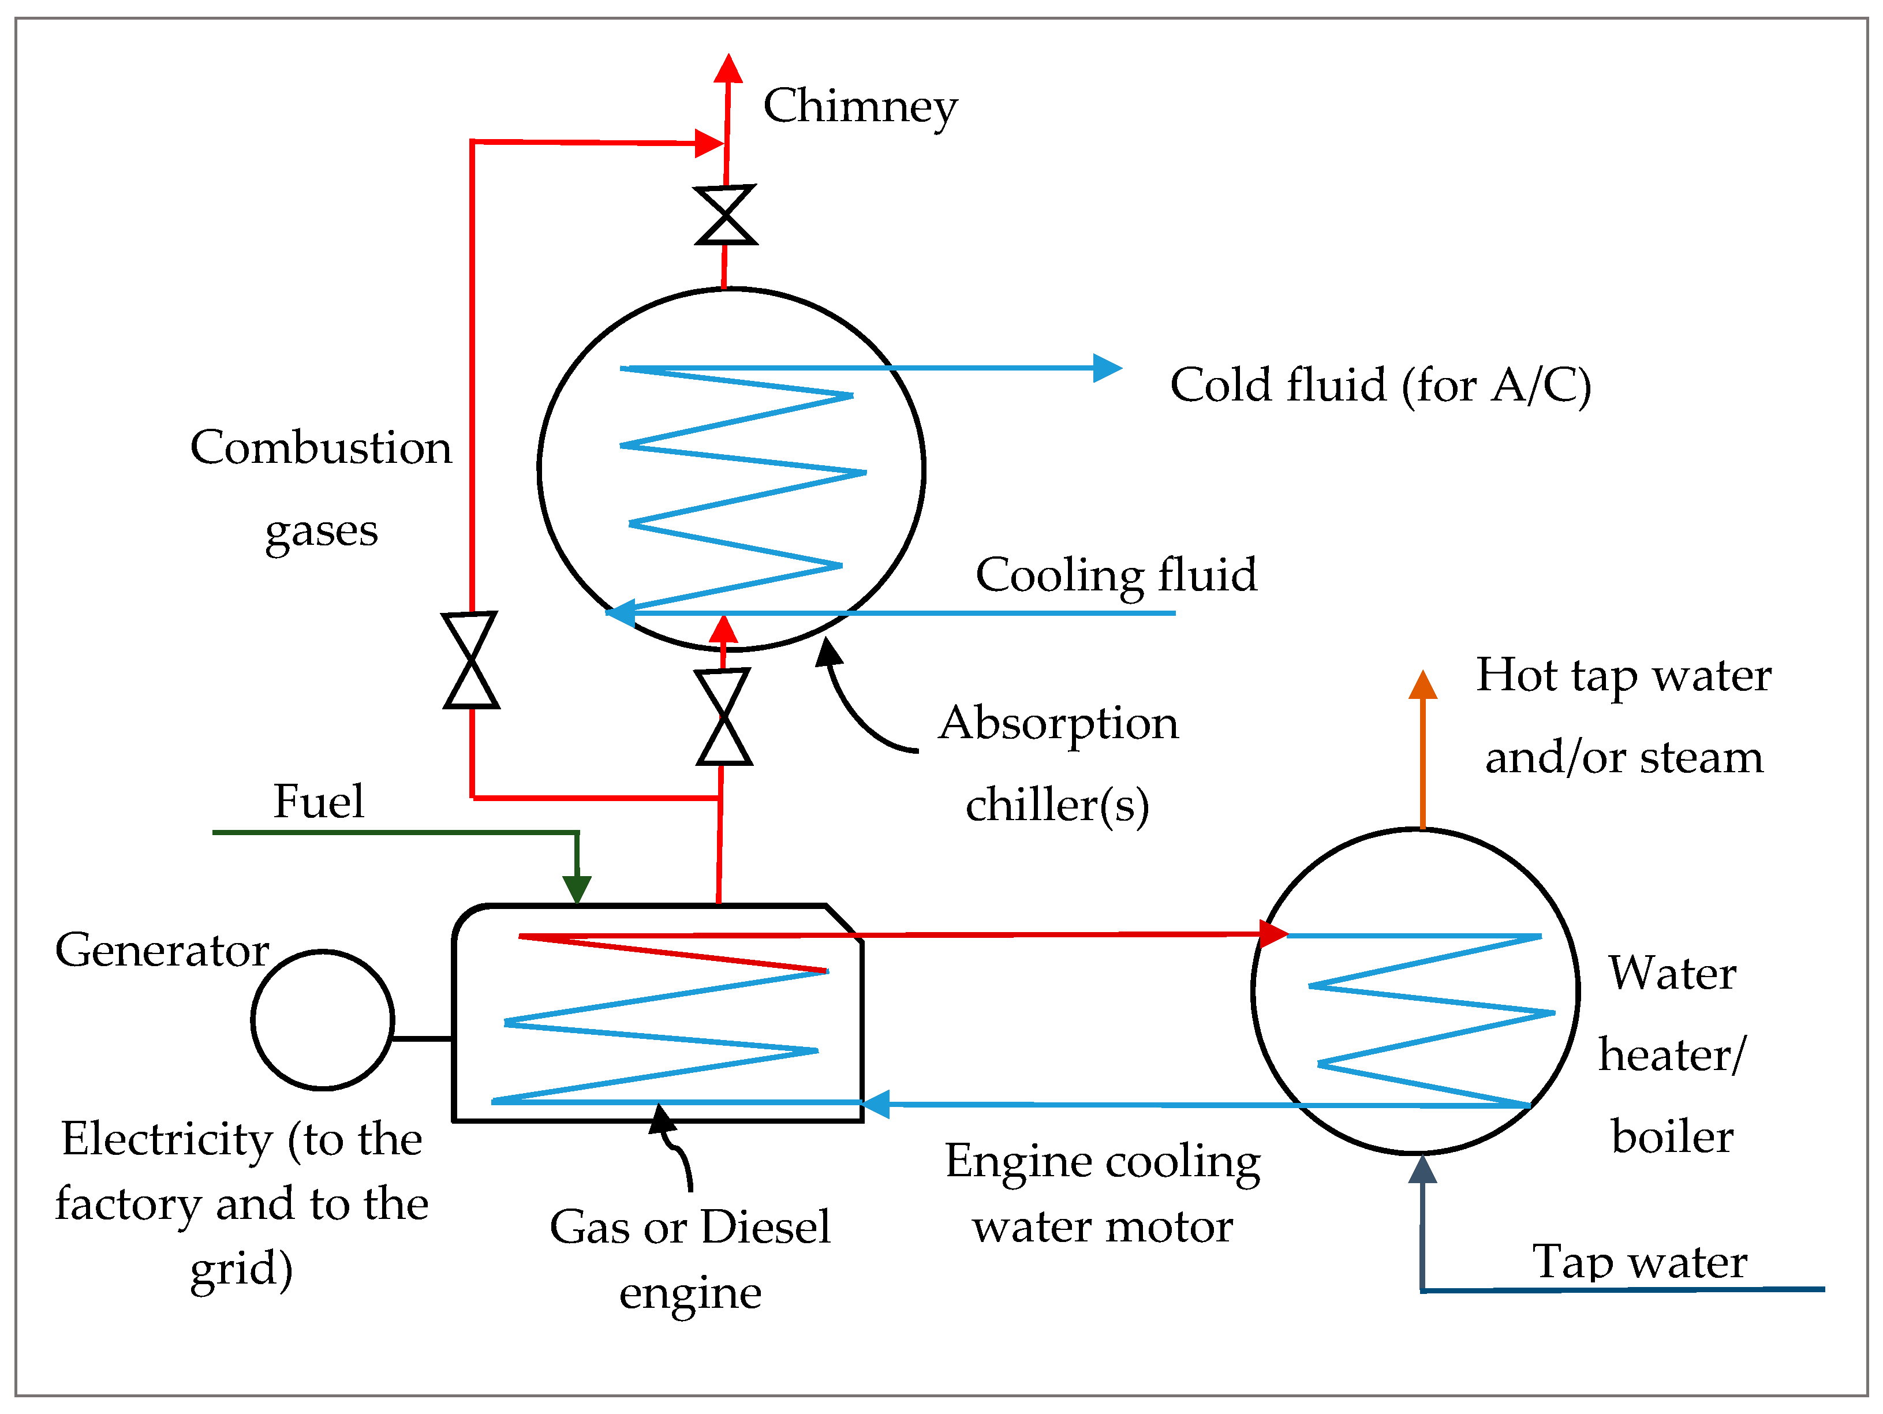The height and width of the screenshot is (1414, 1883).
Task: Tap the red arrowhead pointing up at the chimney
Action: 728,68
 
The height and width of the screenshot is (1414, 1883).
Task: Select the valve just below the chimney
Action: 725,215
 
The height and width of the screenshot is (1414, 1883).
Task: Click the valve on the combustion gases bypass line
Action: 471,660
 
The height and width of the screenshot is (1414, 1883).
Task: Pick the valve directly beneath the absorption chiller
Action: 723,717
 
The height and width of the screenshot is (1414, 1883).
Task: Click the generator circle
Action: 323,1020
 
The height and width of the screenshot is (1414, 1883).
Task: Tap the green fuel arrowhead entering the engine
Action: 577,889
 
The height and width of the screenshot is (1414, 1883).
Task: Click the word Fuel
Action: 319,801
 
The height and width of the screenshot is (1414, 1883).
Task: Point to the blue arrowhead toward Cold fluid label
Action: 1107,368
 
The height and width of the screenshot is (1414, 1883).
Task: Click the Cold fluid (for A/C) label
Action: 1380,385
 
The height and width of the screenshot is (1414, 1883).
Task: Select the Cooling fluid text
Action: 1115,575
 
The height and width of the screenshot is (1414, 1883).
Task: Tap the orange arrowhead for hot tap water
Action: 1422,685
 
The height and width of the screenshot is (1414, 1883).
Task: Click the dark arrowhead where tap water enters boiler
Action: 1422,1169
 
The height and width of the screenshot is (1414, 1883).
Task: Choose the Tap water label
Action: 1639,1262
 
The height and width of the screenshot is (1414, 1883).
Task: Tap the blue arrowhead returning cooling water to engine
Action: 875,1104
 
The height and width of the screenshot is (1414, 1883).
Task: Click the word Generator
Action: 162,950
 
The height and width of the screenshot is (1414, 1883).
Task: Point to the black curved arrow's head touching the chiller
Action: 827,653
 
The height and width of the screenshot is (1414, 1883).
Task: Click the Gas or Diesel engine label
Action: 689,1258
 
